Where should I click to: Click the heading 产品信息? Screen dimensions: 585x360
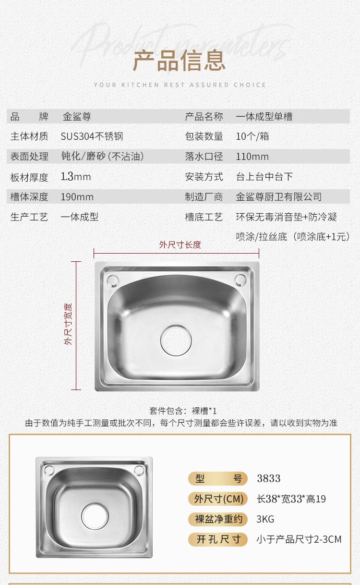(179, 61)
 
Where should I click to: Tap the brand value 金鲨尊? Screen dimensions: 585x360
(77, 117)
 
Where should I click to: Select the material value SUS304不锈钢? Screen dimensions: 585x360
(92, 136)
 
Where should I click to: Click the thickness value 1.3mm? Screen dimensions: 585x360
(76, 177)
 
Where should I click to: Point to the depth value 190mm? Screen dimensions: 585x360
(77, 197)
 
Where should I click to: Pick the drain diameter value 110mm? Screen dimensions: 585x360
(252, 157)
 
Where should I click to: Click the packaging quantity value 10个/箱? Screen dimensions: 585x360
(252, 136)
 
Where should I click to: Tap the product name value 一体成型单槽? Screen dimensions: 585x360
(264, 117)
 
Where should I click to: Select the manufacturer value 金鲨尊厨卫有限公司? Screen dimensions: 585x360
(279, 197)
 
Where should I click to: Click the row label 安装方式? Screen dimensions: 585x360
(204, 177)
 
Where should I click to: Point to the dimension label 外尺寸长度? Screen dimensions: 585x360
(180, 244)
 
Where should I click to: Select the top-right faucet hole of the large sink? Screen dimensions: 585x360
(240, 280)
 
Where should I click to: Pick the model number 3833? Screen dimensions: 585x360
(269, 478)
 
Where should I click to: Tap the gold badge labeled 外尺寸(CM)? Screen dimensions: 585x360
(218, 499)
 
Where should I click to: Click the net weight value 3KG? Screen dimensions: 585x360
(265, 519)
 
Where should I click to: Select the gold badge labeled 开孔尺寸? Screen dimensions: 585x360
(218, 539)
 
